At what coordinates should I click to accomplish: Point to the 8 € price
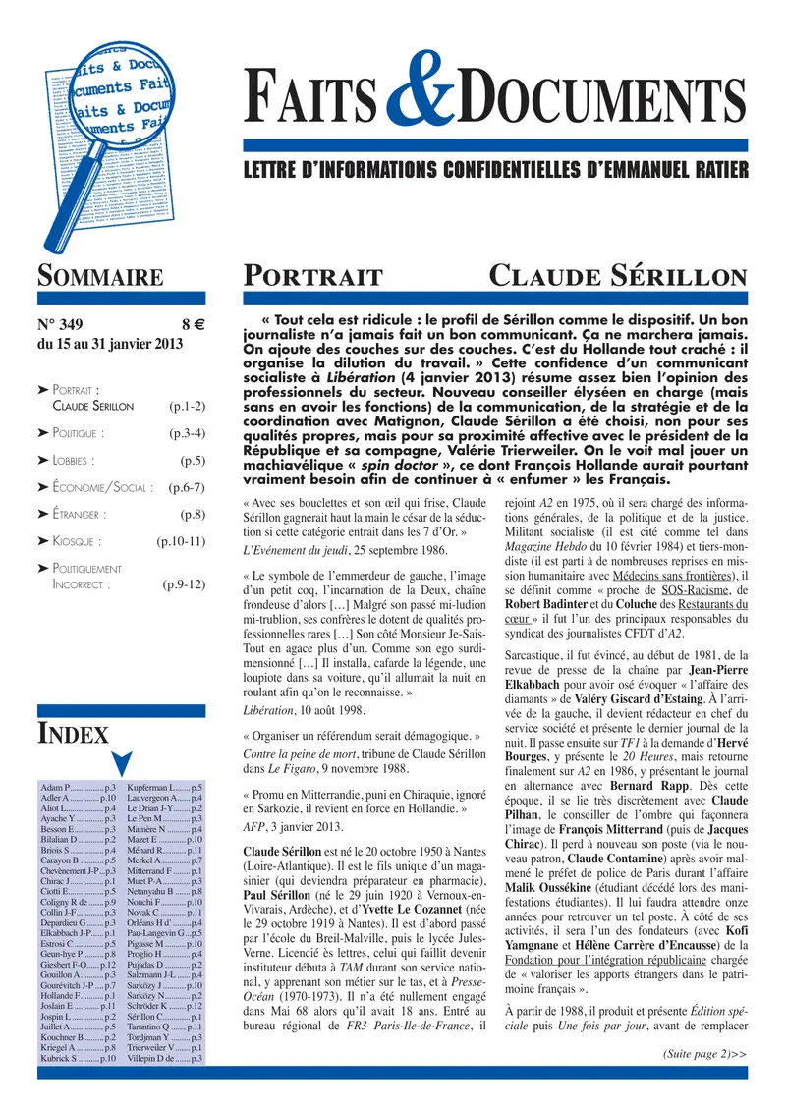pos(193,324)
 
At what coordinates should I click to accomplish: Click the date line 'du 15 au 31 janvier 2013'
pos(109,344)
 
